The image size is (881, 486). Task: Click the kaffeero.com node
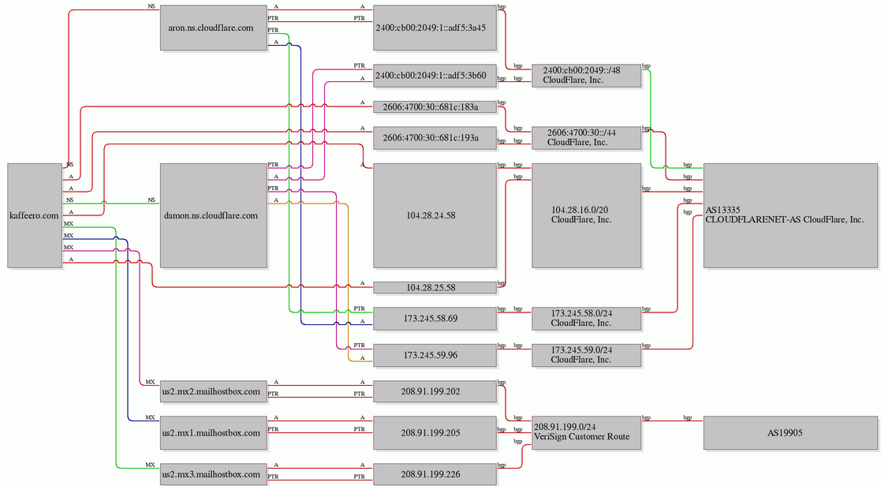pyautogui.click(x=34, y=215)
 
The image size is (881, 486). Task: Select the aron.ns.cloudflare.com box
pyautogui.click(x=214, y=28)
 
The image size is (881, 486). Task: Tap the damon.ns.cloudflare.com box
pyautogui.click(x=214, y=215)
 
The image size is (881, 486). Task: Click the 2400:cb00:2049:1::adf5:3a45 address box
pyautogui.click(x=435, y=28)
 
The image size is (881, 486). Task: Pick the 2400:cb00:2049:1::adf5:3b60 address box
pyautogui.click(x=435, y=76)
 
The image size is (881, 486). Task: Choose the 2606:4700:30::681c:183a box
pyautogui.click(x=435, y=107)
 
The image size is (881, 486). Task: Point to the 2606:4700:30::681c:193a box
pyautogui.click(x=435, y=138)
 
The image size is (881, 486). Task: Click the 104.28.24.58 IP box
pyautogui.click(x=435, y=215)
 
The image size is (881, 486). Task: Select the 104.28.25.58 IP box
pyautogui.click(x=435, y=288)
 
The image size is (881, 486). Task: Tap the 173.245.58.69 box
pyautogui.click(x=435, y=319)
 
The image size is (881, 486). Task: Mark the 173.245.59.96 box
pyautogui.click(x=435, y=355)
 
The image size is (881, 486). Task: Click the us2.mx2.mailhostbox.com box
pyautogui.click(x=214, y=391)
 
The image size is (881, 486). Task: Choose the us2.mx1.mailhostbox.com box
pyautogui.click(x=214, y=433)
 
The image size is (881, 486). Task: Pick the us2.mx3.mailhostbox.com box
pyautogui.click(x=214, y=474)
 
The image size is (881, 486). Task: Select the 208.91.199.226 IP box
pyautogui.click(x=435, y=474)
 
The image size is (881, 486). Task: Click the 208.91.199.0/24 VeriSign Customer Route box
pyautogui.click(x=587, y=433)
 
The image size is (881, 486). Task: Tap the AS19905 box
pyautogui.click(x=790, y=433)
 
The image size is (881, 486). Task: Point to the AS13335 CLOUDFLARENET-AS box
pyautogui.click(x=790, y=215)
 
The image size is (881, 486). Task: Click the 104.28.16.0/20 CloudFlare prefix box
pyautogui.click(x=587, y=215)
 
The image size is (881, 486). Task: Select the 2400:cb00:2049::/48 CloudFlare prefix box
pyautogui.click(x=587, y=76)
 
